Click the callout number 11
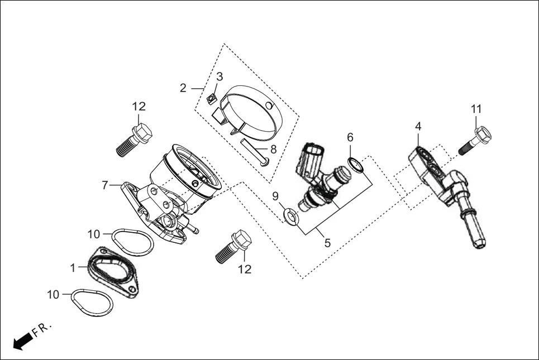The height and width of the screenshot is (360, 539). coord(476,109)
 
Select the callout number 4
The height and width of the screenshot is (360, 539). coord(418,127)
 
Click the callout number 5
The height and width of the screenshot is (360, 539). coord(327,243)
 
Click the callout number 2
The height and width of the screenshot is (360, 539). coord(183,88)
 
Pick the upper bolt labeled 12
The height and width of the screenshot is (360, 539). coord(135,140)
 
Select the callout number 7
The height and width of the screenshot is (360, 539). coord(105,185)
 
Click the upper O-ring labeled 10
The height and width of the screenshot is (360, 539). coord(133,242)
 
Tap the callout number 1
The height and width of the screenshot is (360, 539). coord(73,268)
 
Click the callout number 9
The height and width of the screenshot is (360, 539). coord(275,196)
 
